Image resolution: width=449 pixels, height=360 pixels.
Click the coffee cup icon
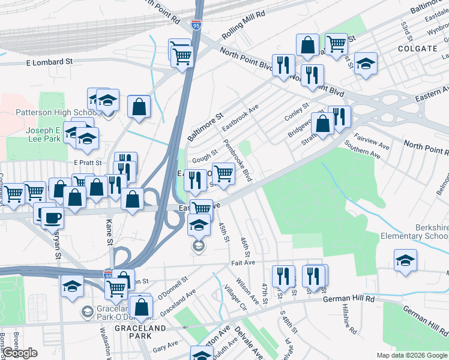tap(51, 215)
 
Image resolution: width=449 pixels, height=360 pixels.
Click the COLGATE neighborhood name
tap(416, 48)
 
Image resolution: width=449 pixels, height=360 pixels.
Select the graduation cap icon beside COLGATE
tap(364, 64)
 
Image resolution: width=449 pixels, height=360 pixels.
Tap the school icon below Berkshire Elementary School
tap(405, 261)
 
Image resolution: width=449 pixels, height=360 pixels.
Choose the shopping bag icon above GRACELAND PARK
tap(140, 306)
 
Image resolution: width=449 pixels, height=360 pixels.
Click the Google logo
tap(20, 353)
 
